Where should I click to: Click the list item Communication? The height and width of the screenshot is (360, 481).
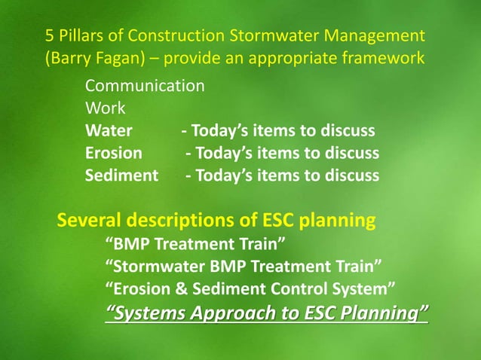[x=144, y=85]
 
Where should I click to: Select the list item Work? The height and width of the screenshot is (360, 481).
[x=105, y=108]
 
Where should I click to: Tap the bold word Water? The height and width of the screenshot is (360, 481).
[x=109, y=130]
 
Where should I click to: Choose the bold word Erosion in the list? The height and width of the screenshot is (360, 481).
[x=113, y=153]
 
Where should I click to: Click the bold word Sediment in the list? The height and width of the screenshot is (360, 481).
[x=121, y=175]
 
